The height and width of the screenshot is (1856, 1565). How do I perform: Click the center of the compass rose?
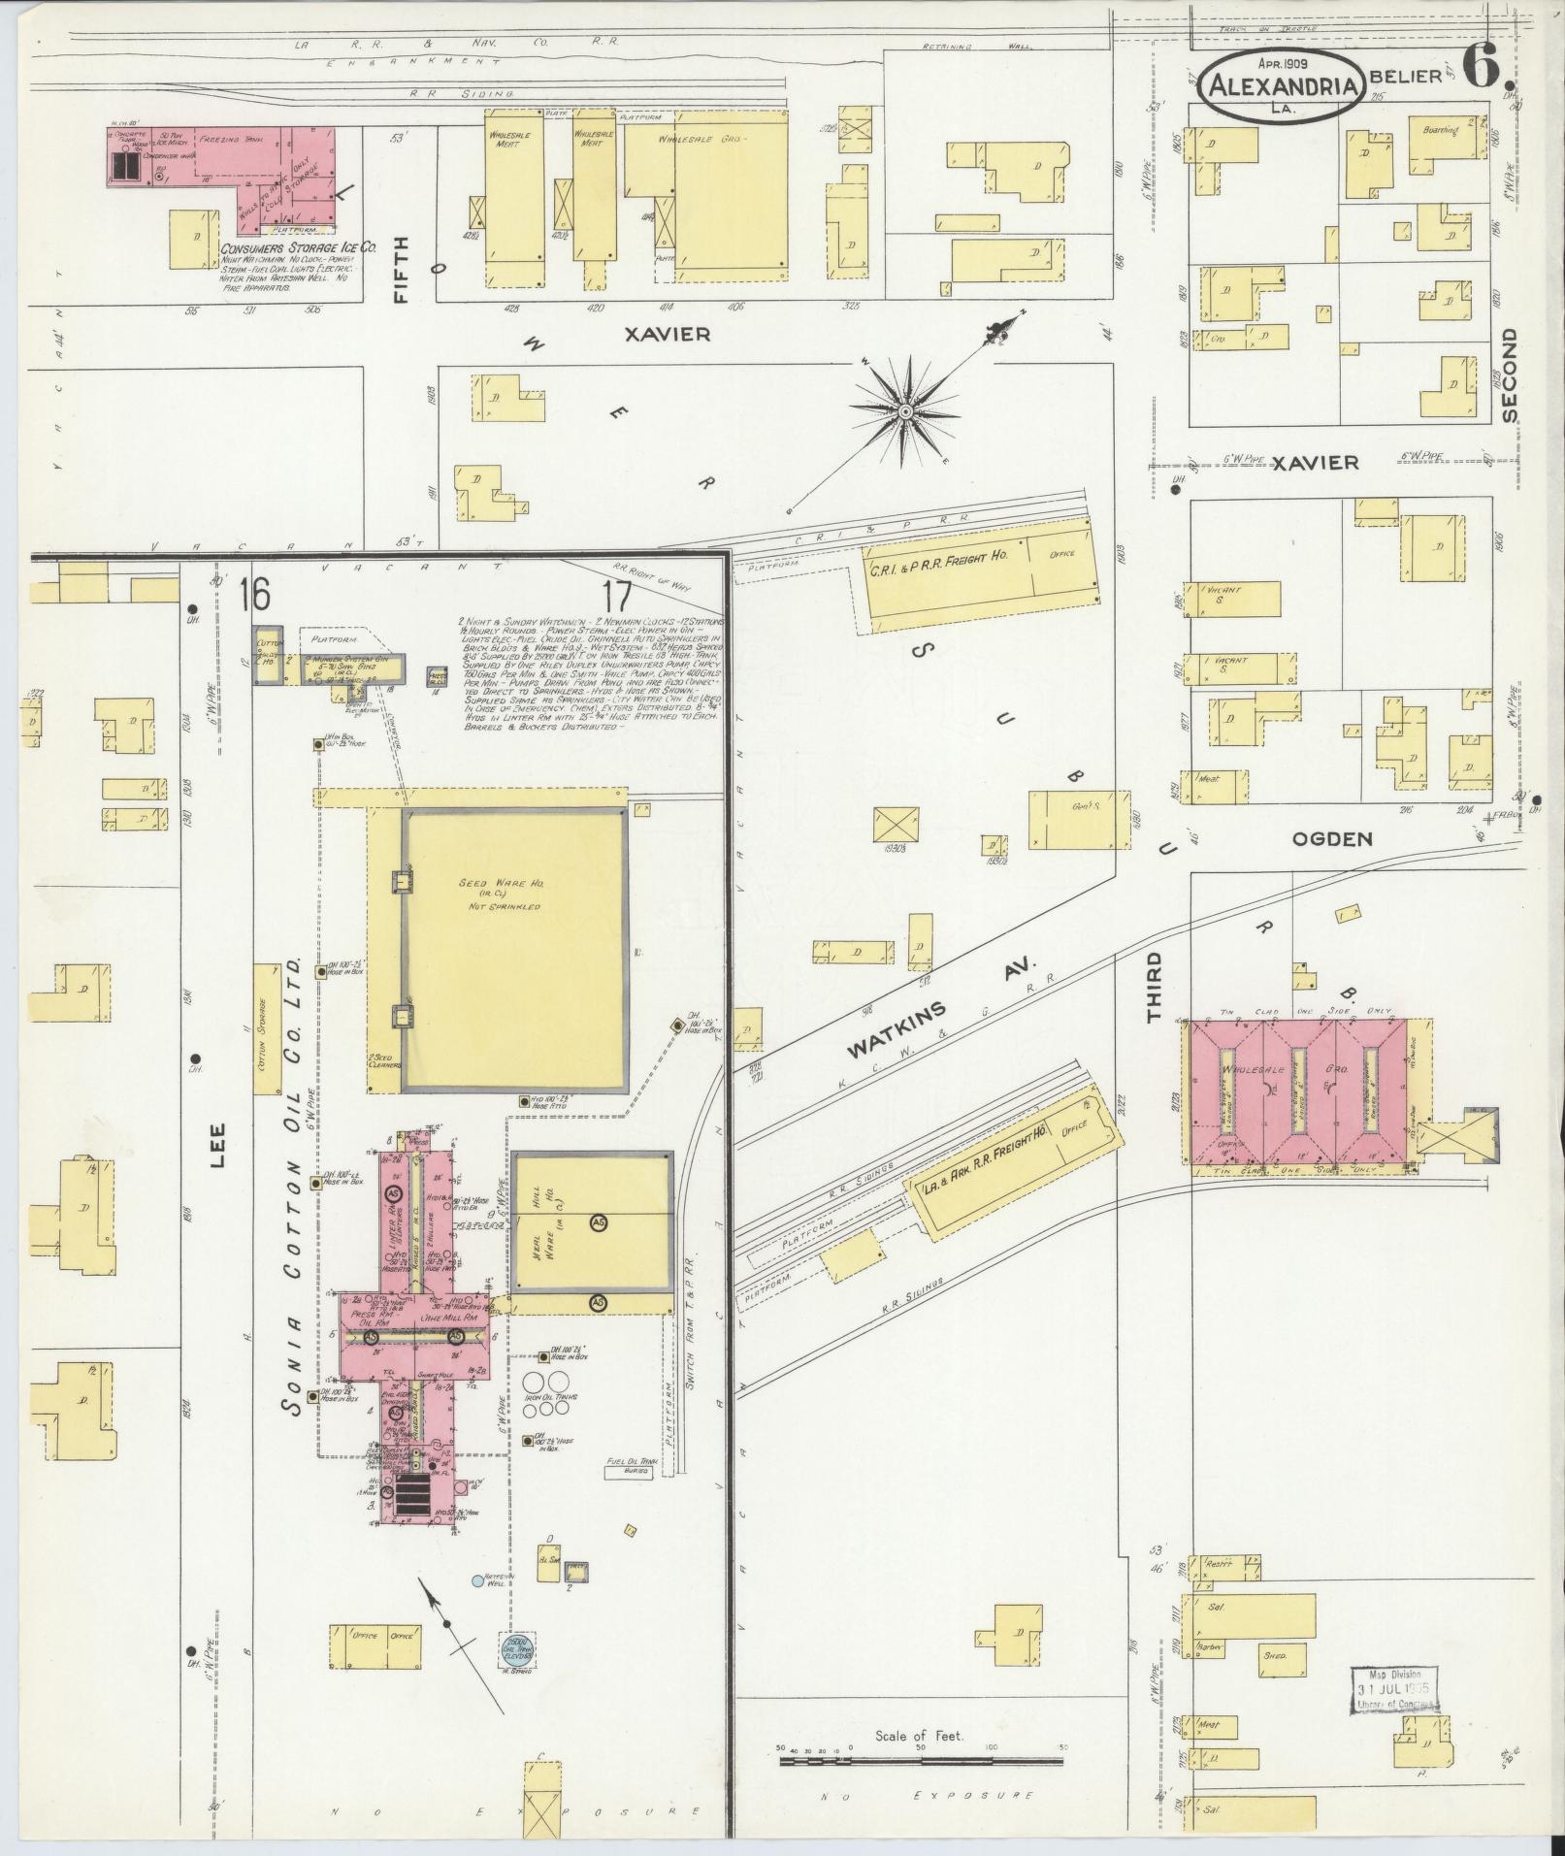[x=904, y=411]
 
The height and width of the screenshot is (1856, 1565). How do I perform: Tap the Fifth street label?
[x=401, y=271]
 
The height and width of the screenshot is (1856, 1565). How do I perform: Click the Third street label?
[x=1154, y=988]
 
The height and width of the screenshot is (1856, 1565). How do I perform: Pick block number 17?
[x=616, y=596]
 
